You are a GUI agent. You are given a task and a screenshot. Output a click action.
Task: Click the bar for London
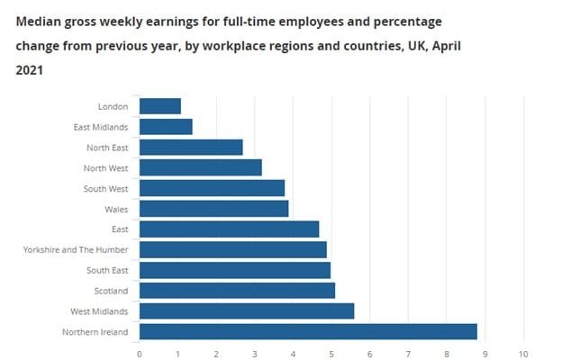pos(160,106)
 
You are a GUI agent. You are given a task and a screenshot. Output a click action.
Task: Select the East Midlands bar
pos(166,127)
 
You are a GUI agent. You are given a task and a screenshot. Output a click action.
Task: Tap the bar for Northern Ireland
pos(308,332)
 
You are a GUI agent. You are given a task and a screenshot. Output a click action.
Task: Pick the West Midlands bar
pos(247,311)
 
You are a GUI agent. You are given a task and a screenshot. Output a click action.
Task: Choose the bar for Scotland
pos(237,291)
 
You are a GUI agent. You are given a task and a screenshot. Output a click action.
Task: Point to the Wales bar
pos(213,209)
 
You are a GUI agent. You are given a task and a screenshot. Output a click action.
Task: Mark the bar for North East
pos(191,148)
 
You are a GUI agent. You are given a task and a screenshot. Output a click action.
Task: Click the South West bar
pos(212,188)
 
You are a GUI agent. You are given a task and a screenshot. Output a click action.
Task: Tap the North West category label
pos(107,168)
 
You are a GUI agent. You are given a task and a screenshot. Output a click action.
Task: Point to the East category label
pos(120,229)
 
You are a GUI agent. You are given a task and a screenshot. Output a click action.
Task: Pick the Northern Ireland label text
pos(97,332)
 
